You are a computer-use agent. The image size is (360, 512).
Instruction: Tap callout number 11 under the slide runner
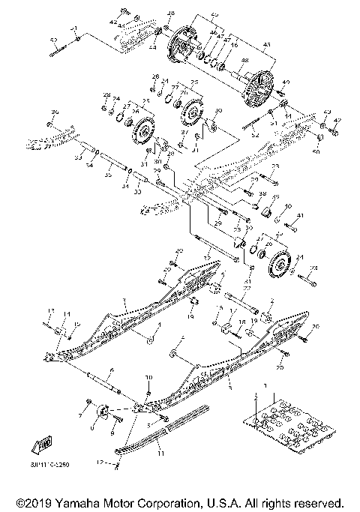(x=159, y=454)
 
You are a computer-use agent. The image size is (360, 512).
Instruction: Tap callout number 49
(x=284, y=81)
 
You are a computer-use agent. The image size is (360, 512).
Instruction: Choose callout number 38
(x=262, y=193)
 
